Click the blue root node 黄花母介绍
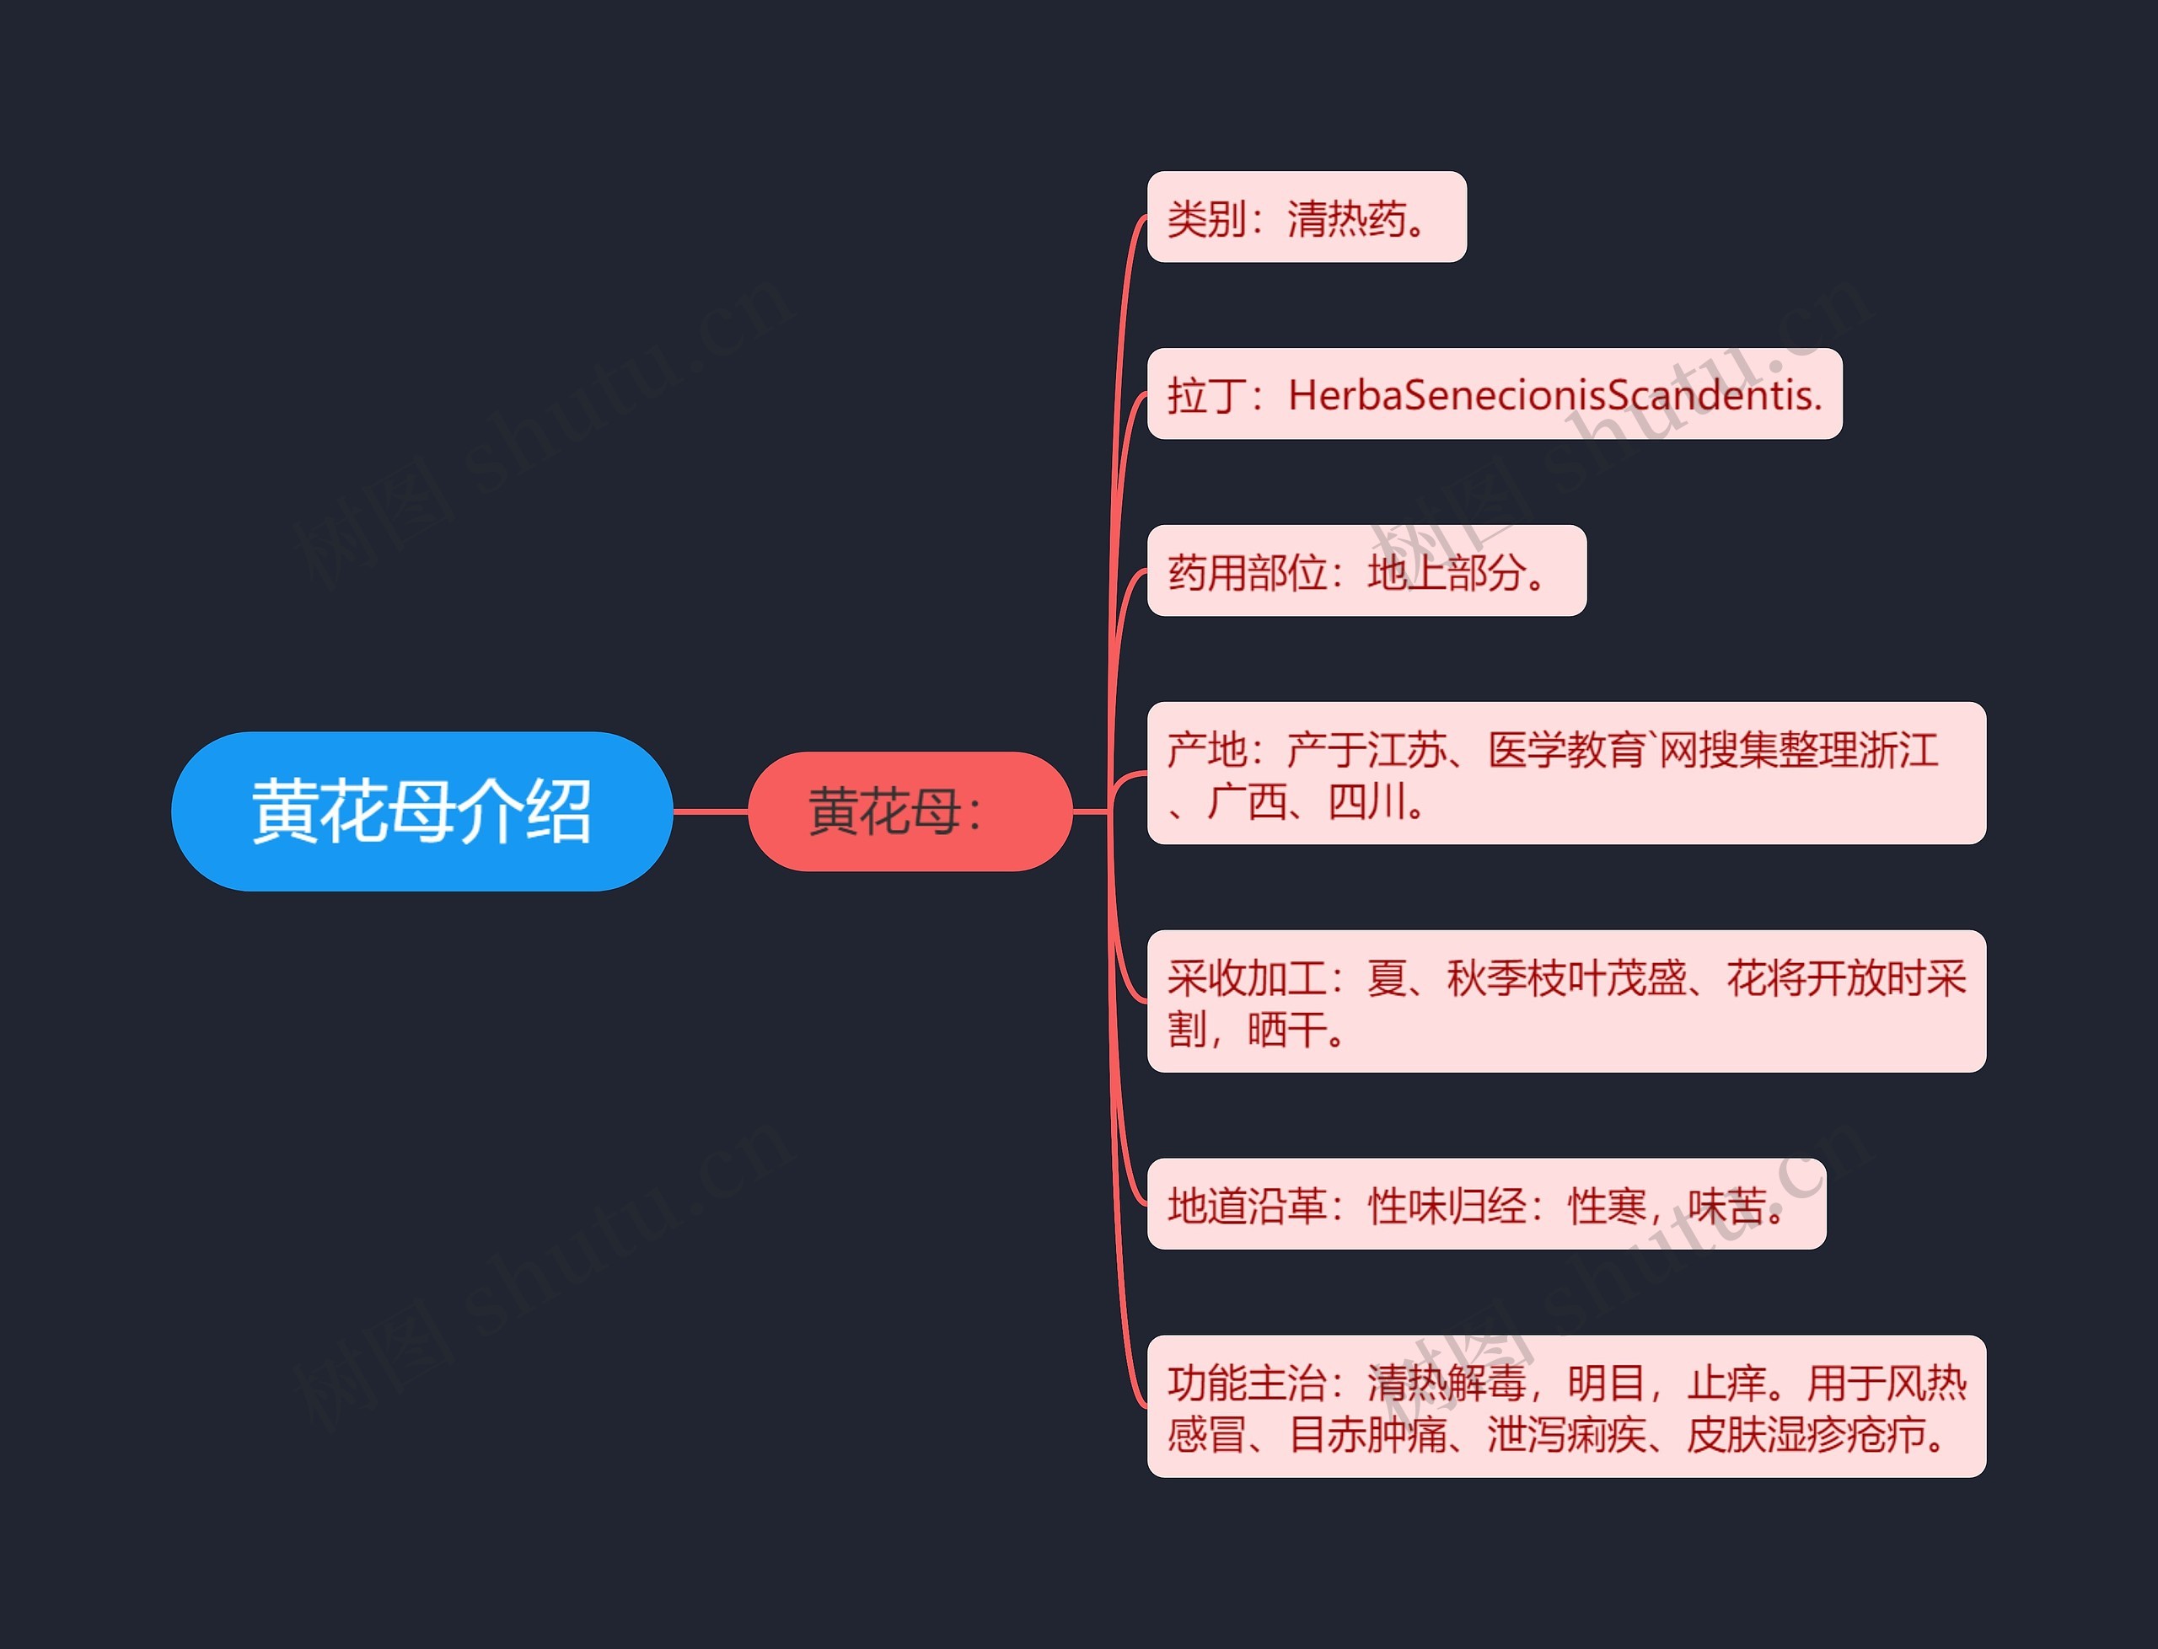(421, 811)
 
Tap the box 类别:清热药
(1306, 217)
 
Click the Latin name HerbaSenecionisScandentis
(1554, 394)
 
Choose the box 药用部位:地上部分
(1366, 571)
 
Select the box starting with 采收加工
(1565, 1000)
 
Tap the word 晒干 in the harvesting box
(1286, 1030)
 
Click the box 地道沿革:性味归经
(1485, 1204)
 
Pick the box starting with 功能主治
(1565, 1405)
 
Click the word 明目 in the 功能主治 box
(1605, 1383)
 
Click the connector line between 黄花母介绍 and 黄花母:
(710, 811)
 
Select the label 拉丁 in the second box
(1206, 395)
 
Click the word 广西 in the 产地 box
(1246, 802)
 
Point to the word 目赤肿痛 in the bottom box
(1366, 1435)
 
